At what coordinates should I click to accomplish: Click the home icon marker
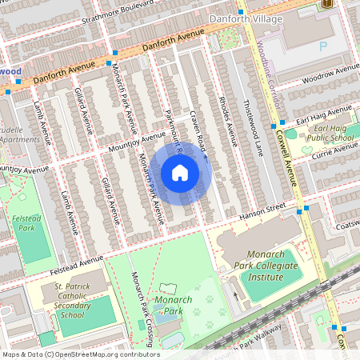pyautogui.click(x=180, y=173)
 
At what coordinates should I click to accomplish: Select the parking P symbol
pyautogui.click(x=324, y=46)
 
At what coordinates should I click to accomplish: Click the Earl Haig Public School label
pyautogui.click(x=330, y=133)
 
